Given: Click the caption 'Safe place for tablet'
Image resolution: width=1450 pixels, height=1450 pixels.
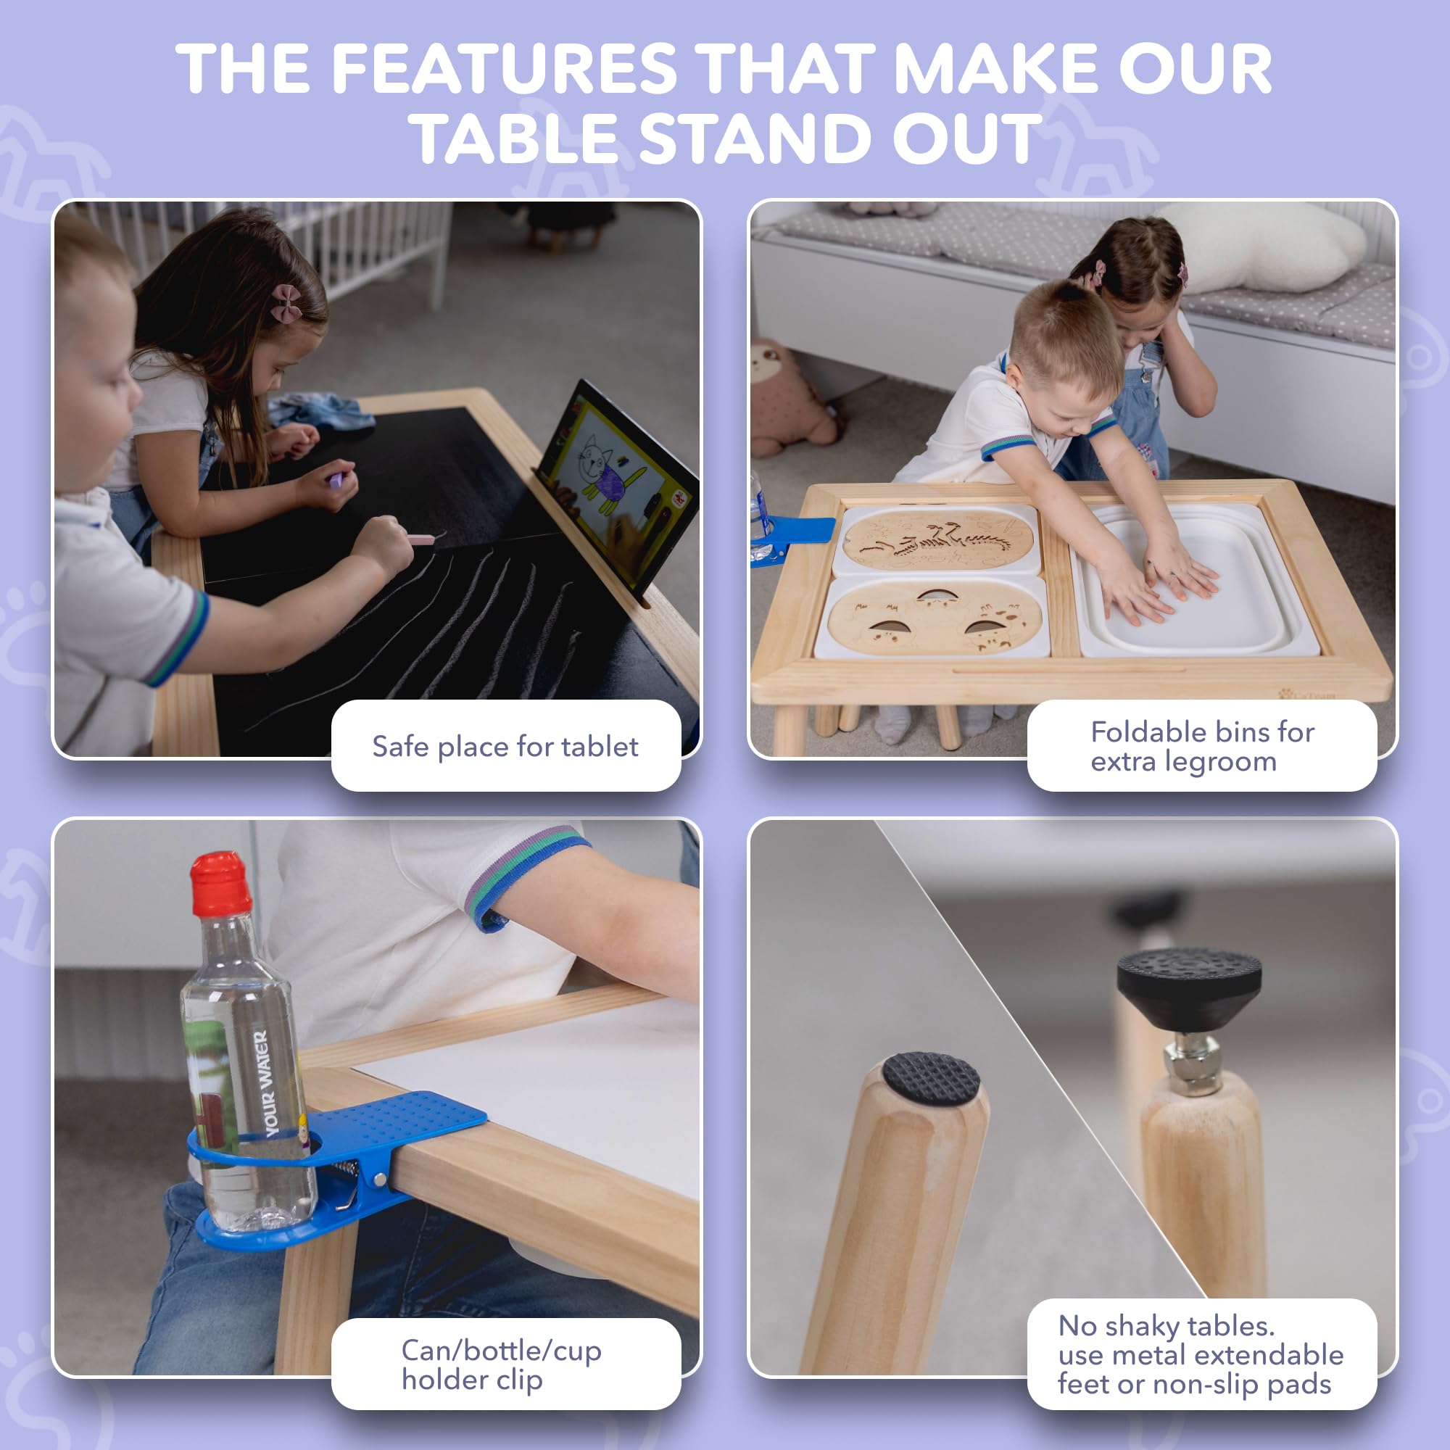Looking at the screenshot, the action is pyautogui.click(x=505, y=747).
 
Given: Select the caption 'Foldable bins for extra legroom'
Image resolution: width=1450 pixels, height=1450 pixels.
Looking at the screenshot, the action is pyautogui.click(x=1202, y=746).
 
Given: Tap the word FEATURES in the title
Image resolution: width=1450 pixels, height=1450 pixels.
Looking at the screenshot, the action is pyautogui.click(x=505, y=69).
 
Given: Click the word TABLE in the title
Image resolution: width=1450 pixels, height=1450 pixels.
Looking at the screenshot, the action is pyautogui.click(x=517, y=139).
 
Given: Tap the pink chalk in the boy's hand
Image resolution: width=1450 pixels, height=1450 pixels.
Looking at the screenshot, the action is pyautogui.click(x=421, y=539).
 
